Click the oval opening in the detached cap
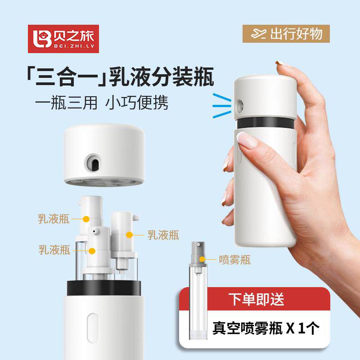[94, 163]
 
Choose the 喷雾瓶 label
[234, 259]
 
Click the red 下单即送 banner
[252, 298]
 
